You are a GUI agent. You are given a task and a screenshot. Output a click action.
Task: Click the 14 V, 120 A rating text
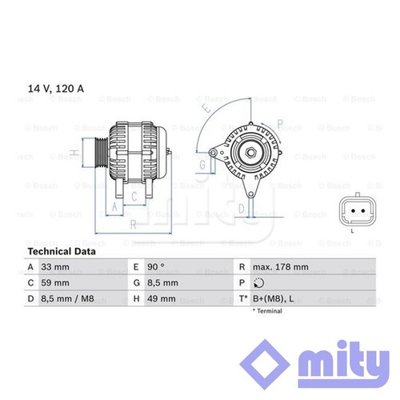click(x=56, y=89)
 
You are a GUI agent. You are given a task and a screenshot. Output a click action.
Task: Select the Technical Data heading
click(x=62, y=251)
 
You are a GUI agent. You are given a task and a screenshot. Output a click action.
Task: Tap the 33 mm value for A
click(x=55, y=267)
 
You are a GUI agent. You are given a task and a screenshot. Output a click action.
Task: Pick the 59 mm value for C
click(x=55, y=282)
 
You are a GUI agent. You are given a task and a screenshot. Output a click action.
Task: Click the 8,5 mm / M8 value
click(x=67, y=298)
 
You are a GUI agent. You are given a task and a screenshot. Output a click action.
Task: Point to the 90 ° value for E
click(x=156, y=267)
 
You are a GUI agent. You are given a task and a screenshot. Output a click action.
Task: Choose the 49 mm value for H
click(x=162, y=298)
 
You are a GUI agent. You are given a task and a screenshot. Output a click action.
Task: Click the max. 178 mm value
click(x=281, y=267)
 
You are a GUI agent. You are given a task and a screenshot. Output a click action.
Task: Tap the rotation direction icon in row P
click(x=258, y=283)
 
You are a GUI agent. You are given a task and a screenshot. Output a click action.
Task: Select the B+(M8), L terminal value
click(x=274, y=299)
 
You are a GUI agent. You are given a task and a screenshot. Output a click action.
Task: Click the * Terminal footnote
click(x=267, y=311)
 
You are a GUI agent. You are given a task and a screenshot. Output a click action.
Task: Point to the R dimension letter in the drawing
click(x=134, y=225)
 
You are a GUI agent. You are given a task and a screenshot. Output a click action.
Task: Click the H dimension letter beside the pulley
click(x=74, y=153)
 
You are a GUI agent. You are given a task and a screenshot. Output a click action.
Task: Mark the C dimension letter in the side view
click(x=134, y=196)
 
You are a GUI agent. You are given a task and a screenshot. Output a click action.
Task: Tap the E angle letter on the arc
click(x=206, y=107)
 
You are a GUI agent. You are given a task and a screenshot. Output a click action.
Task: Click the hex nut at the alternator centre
click(x=250, y=153)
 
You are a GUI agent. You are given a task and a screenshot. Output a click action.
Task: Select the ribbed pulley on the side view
click(x=102, y=153)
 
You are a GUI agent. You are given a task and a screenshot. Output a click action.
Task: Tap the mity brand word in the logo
click(x=344, y=364)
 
